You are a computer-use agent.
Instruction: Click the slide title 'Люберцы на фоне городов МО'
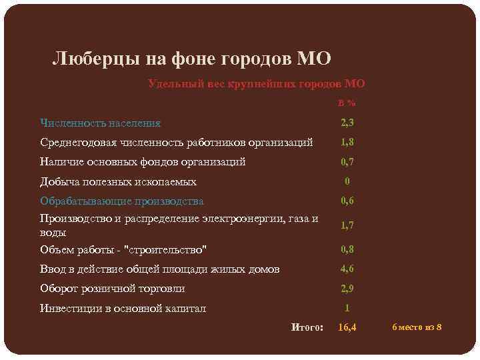pyautogui.click(x=191, y=59)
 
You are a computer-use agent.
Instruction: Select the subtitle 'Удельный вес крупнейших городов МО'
pyautogui.click(x=256, y=84)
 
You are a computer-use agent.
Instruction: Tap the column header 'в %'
pyautogui.click(x=347, y=103)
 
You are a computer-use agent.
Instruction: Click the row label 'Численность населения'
pyautogui.click(x=100, y=123)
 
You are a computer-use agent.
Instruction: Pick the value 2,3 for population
pyautogui.click(x=347, y=123)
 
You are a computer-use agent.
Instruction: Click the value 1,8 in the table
pyautogui.click(x=347, y=142)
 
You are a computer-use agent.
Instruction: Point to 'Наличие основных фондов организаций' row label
pyautogui.click(x=143, y=161)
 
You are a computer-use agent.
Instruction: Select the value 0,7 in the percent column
pyautogui.click(x=347, y=161)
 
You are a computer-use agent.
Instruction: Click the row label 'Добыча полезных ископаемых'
pyautogui.click(x=118, y=181)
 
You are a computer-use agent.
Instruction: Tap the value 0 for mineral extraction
pyautogui.click(x=347, y=181)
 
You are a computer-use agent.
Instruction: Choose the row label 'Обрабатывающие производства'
pyautogui.click(x=122, y=201)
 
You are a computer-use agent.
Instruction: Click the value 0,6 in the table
pyautogui.click(x=347, y=201)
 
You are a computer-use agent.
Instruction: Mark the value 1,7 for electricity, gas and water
pyautogui.click(x=347, y=225)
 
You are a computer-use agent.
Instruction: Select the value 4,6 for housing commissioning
pyautogui.click(x=347, y=269)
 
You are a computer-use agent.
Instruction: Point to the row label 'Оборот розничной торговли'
pyautogui.click(x=113, y=289)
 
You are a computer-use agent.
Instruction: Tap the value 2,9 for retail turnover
pyautogui.click(x=347, y=289)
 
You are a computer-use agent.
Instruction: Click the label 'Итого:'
pyautogui.click(x=307, y=327)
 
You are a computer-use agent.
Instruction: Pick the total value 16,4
pyautogui.click(x=347, y=327)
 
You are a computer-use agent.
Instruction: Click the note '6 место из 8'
pyautogui.click(x=417, y=327)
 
